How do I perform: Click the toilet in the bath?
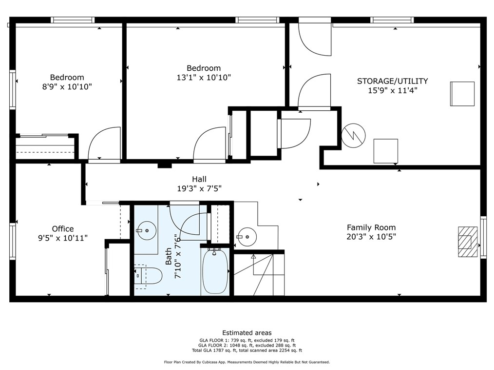[148, 276]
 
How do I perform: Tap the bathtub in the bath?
[215, 271]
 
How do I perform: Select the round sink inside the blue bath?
[147, 230]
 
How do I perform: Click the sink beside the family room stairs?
[247, 236]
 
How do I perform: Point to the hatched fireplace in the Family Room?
[468, 242]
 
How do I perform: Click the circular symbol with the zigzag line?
[354, 135]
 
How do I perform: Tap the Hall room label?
[199, 179]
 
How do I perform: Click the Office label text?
[63, 229]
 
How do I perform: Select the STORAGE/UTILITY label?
[392, 81]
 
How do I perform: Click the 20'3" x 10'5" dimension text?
[371, 236]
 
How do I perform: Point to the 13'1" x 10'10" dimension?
[204, 77]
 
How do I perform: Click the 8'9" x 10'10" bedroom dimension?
[67, 86]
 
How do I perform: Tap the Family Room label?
[371, 227]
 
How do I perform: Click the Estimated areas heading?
[247, 333]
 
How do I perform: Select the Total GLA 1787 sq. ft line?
[247, 350]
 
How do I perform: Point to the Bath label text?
[169, 256]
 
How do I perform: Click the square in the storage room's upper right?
[462, 94]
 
